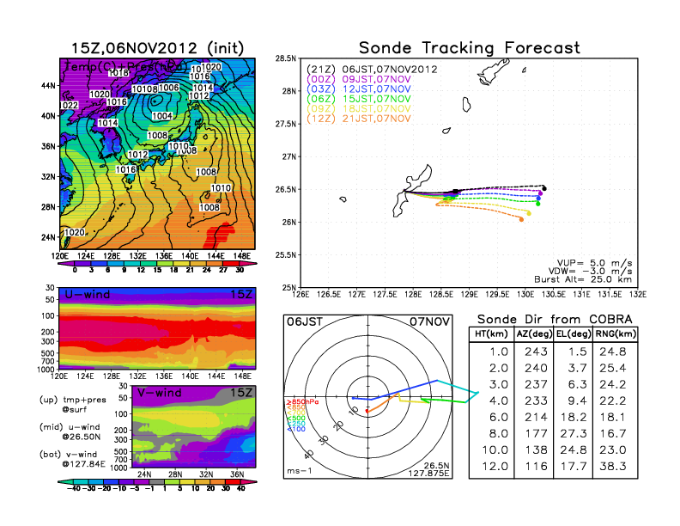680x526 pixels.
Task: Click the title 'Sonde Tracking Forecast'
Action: coord(469,47)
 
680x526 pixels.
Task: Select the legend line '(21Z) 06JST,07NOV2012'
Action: coord(373,69)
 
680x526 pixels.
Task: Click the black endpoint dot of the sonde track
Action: coord(544,188)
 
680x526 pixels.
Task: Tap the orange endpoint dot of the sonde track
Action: coord(521,220)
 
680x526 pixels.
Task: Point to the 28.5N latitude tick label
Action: coord(285,58)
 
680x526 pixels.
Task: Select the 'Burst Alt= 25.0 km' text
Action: coord(592,279)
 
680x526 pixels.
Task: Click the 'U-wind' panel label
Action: coord(87,295)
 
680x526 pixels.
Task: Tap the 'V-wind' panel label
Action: coord(160,393)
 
